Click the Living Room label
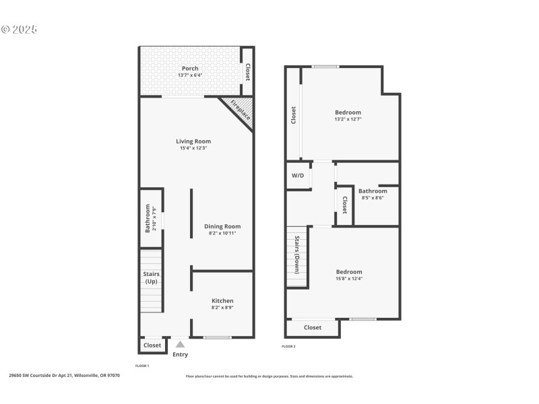[x=193, y=141]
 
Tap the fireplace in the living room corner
[x=240, y=110]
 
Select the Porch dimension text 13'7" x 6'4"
[x=190, y=75]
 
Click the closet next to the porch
[x=247, y=71]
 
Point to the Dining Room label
[x=222, y=226]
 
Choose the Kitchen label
[x=222, y=300]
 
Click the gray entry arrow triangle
[x=180, y=344]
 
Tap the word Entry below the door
[x=180, y=354]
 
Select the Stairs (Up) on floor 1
[x=151, y=278]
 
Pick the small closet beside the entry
[x=152, y=345]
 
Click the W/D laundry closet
[x=297, y=175]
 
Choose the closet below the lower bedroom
[x=312, y=327]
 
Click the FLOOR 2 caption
[x=288, y=346]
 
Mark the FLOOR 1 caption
[x=141, y=365]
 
